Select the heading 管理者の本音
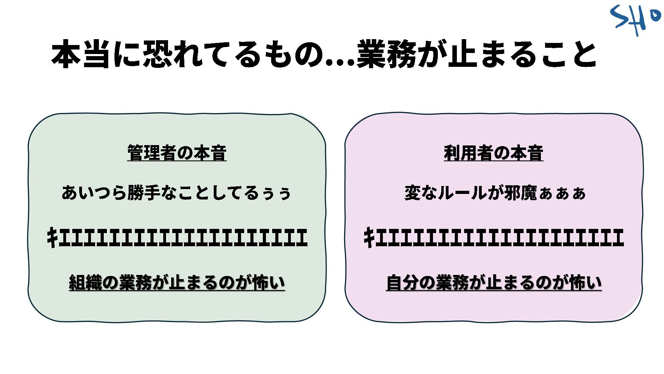(x=177, y=153)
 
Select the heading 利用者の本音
(x=494, y=153)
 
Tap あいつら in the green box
(x=94, y=193)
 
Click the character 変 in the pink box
(x=412, y=193)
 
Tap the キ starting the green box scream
(x=52, y=238)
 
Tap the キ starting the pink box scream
(x=369, y=238)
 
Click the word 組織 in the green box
(x=85, y=283)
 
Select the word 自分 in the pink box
(x=402, y=283)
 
